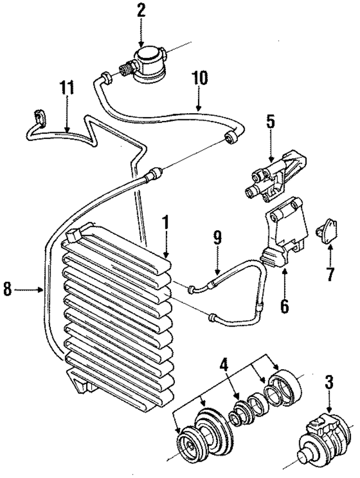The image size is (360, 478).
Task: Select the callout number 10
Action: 200,78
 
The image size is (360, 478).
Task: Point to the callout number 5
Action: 271,121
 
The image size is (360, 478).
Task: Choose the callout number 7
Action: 330,274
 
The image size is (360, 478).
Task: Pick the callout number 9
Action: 218,238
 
